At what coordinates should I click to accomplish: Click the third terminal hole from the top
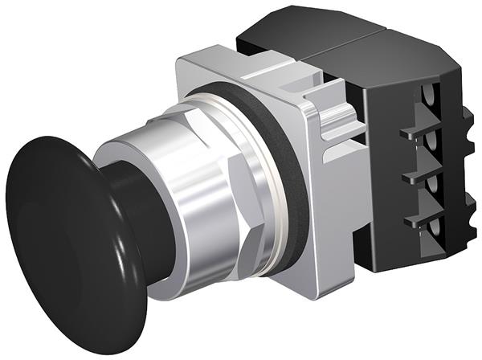441,186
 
